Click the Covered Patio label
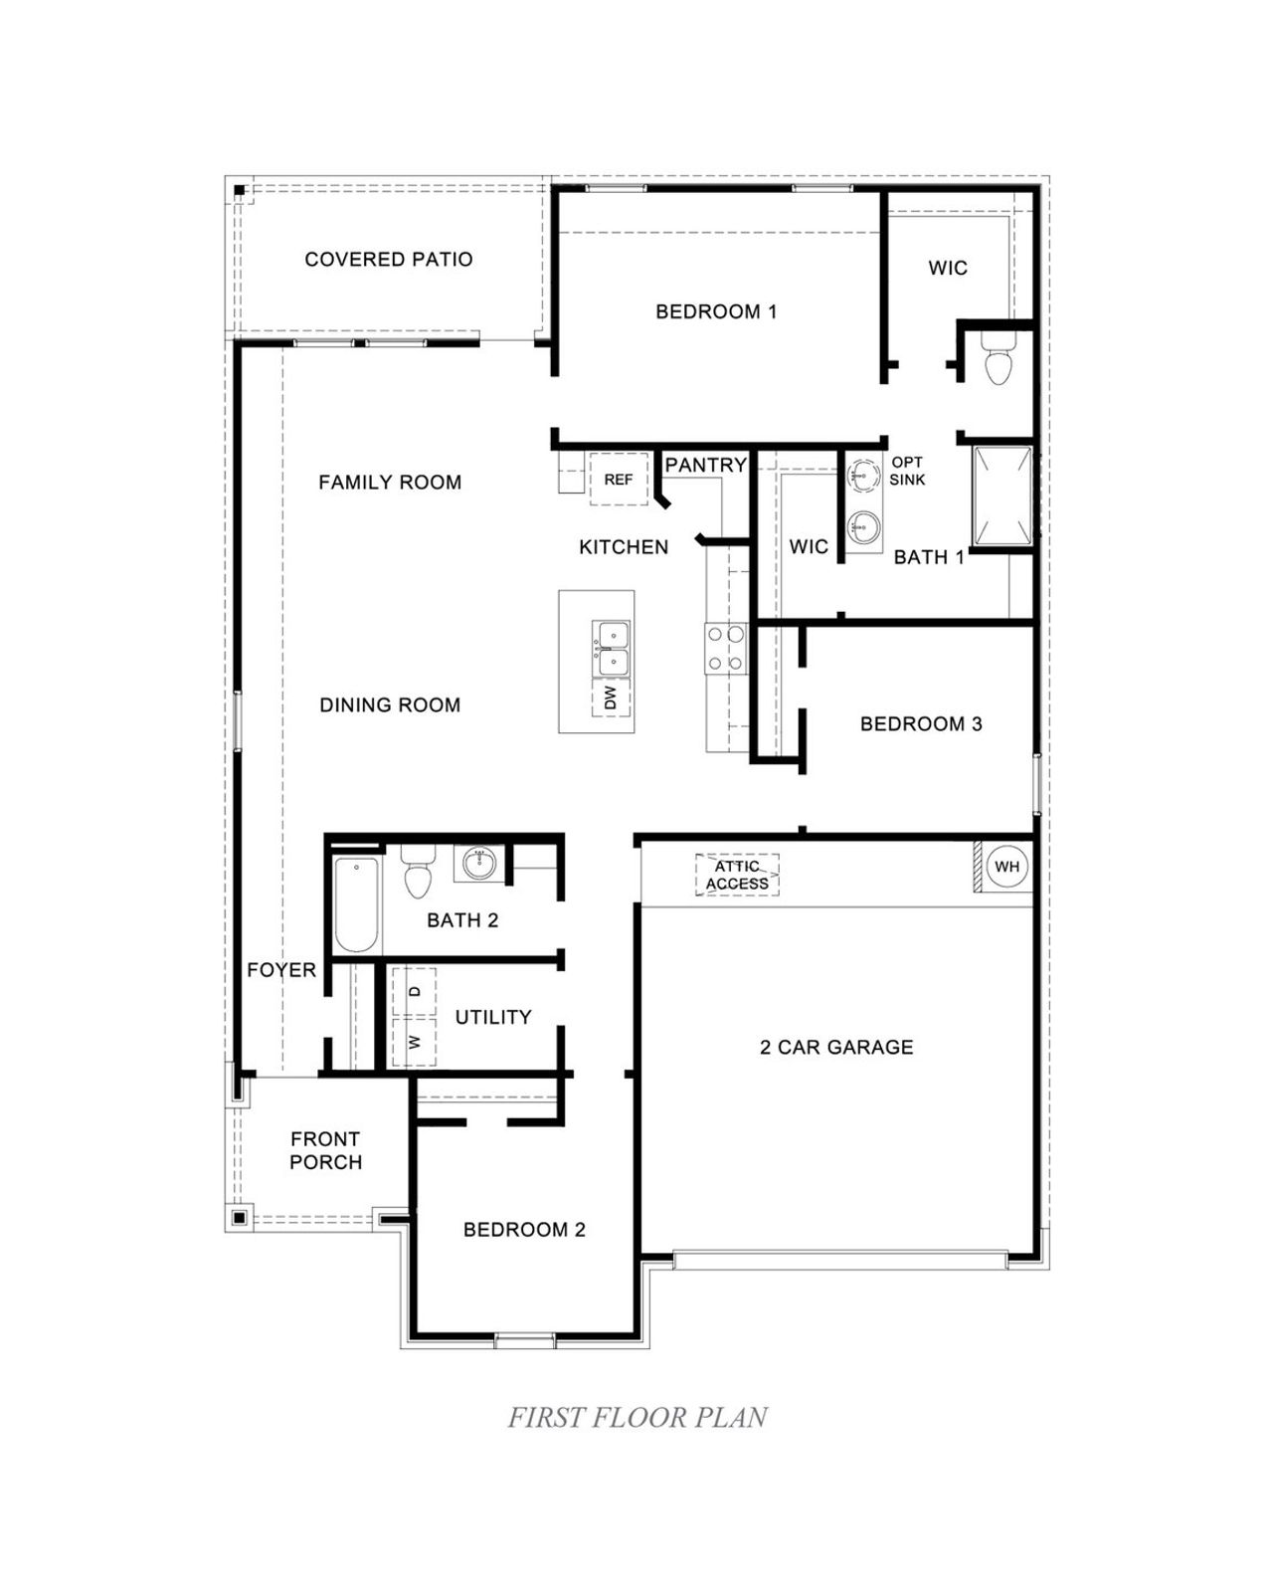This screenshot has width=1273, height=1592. pyautogui.click(x=389, y=260)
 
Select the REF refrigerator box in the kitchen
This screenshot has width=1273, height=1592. pyautogui.click(x=619, y=480)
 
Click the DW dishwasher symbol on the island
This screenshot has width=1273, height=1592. pyautogui.click(x=611, y=697)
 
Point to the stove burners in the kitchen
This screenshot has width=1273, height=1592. pyautogui.click(x=725, y=648)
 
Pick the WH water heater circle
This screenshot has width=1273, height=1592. pyautogui.click(x=1006, y=867)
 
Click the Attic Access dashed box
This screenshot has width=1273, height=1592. pyautogui.click(x=737, y=876)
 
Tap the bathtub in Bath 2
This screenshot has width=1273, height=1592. pyautogui.click(x=355, y=904)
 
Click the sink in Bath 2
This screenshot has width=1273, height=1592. pyautogui.click(x=480, y=862)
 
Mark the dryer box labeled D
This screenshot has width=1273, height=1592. pyautogui.click(x=415, y=991)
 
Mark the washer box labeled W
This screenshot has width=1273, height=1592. pyautogui.click(x=415, y=1042)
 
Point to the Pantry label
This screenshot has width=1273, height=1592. pyautogui.click(x=705, y=465)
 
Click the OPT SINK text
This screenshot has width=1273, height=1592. pyautogui.click(x=907, y=471)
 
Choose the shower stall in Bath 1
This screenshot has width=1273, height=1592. pyautogui.click(x=1002, y=497)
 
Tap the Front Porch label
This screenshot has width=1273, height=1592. pyautogui.click(x=325, y=1150)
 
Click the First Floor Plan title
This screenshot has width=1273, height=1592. pyautogui.click(x=637, y=1417)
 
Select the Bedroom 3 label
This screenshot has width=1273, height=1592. pyautogui.click(x=921, y=724)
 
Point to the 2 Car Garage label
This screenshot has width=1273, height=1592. pyautogui.click(x=836, y=1047)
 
